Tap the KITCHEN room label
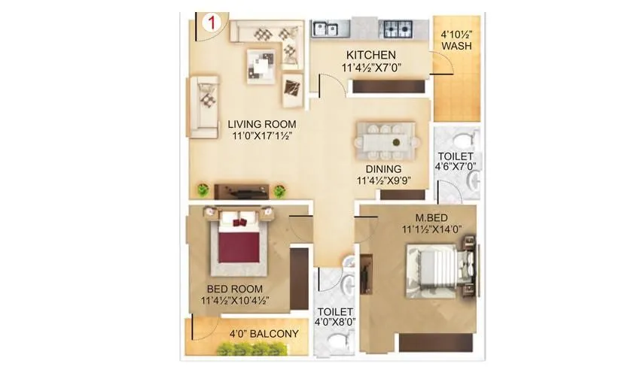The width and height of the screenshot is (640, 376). coord(370,56)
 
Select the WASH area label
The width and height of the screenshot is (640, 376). coord(456,47)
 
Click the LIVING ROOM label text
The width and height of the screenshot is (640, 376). coord(263,124)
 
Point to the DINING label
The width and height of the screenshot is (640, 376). coord(383,169)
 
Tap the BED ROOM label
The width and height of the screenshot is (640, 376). coord(236,289)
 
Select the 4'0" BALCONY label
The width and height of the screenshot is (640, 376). coord(264,334)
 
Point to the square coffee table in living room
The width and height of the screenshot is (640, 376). coord(263,67)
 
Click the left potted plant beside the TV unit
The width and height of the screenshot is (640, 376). coord(203,192)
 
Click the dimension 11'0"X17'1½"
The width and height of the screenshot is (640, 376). coord(263,136)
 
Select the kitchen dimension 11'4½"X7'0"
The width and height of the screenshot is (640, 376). coord(372,68)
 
